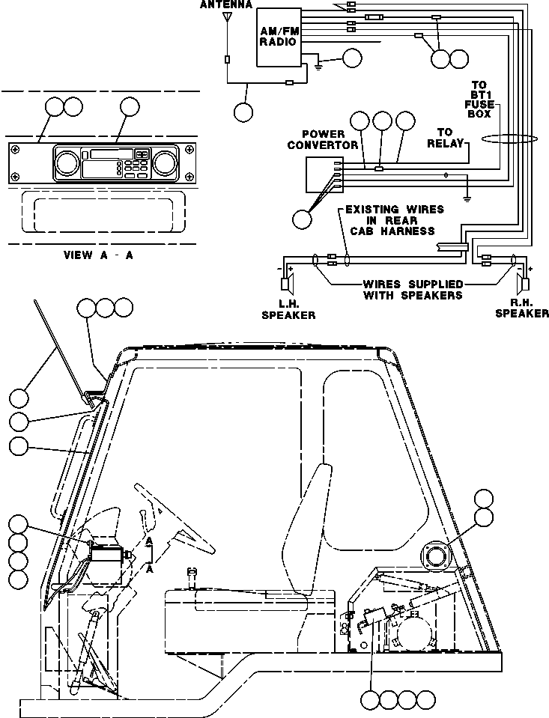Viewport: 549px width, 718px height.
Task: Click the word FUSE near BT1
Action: [480, 105]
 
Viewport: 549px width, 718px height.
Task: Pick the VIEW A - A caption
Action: [99, 255]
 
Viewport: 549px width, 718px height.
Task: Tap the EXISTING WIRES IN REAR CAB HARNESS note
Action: [389, 220]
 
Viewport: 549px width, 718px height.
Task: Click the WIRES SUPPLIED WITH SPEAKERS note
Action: [413, 290]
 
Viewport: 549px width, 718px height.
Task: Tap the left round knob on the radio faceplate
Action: [67, 162]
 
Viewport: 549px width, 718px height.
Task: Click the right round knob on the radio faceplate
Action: [164, 162]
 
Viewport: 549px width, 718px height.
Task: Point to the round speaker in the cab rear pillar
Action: [435, 556]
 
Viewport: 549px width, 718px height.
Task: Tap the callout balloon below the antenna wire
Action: [244, 112]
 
